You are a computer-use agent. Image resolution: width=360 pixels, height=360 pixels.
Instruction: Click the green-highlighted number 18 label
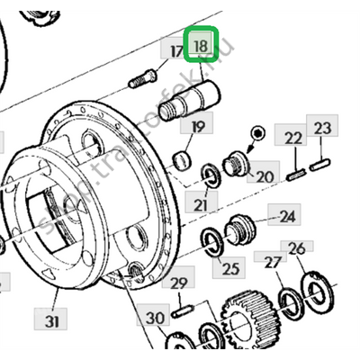[x=201, y=45]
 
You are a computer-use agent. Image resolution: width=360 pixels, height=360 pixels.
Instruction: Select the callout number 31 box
[x=53, y=319]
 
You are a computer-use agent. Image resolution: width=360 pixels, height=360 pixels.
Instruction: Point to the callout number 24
[x=287, y=217]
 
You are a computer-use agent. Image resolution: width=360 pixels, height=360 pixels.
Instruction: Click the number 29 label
[x=179, y=283]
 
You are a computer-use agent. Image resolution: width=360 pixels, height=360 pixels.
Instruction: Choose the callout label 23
[x=322, y=130]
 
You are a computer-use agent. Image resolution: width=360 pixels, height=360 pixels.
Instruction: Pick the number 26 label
[x=296, y=247]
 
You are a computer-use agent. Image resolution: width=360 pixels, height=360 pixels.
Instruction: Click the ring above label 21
[x=208, y=173]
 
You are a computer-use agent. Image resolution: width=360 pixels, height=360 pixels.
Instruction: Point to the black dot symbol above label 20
[x=258, y=134]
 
